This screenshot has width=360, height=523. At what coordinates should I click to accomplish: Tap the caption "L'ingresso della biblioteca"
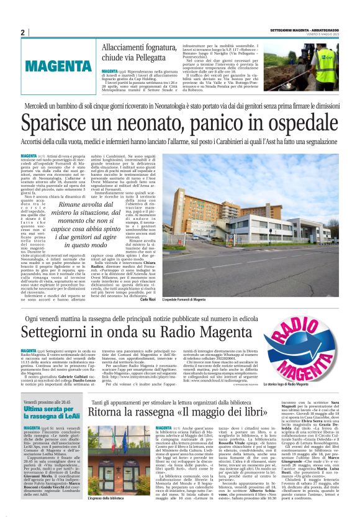point(111,515)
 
